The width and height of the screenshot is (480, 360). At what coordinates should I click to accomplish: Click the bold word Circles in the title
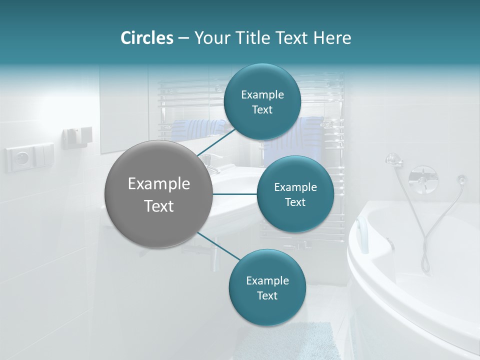click(147, 38)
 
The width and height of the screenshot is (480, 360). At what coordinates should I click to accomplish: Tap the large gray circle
click(158, 194)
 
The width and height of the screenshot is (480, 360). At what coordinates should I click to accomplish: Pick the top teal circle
click(262, 101)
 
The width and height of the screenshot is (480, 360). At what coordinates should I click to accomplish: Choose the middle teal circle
click(295, 194)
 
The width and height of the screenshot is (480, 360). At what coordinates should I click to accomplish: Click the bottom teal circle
click(267, 287)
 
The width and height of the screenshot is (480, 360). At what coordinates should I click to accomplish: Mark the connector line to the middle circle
click(235, 194)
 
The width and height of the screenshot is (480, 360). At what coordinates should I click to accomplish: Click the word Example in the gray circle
click(158, 184)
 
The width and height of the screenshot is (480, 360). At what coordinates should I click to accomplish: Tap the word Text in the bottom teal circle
click(267, 295)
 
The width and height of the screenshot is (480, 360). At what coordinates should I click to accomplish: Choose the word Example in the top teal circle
click(262, 94)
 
